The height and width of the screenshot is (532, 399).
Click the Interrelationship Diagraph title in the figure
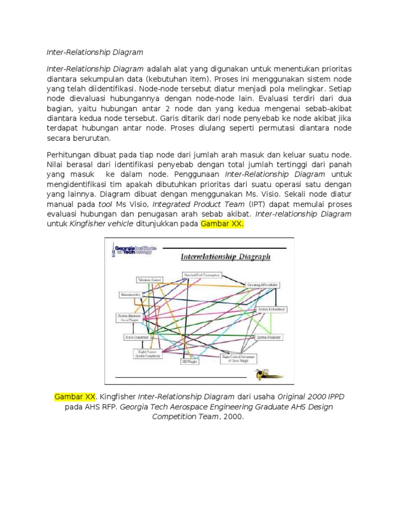coord(225,257)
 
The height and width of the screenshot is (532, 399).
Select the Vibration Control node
coord(149,280)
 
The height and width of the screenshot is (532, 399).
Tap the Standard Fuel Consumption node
coord(202,274)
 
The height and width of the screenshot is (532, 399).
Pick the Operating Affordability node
coord(263,285)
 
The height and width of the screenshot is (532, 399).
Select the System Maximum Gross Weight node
coord(127,317)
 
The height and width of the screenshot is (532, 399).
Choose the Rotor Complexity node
coord(137,337)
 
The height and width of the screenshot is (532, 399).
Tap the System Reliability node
coord(269,337)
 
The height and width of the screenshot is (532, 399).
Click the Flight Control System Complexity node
coord(147,354)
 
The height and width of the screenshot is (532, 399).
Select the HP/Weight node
coord(189,360)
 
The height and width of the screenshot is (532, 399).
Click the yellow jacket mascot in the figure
coord(269,374)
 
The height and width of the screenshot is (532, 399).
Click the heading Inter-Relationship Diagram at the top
coord(95,52)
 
